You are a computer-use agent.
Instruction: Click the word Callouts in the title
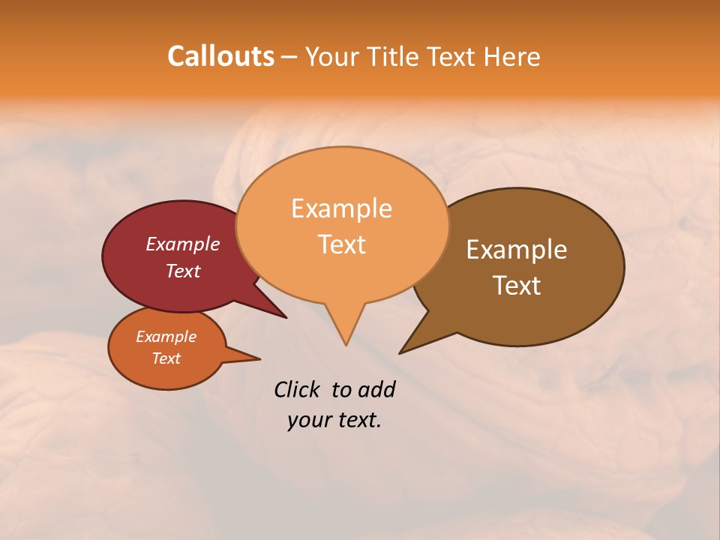220,56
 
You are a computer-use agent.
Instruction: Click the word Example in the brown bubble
517,250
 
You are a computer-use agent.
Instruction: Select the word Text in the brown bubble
517,286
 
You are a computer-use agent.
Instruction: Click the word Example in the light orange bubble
341,208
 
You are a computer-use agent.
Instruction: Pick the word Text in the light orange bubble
342,244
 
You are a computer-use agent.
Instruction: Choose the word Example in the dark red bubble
182,244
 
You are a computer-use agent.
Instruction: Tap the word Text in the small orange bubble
166,358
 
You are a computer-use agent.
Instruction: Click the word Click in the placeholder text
296,389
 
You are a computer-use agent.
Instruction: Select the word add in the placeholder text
376,389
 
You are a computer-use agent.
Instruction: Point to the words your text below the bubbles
334,420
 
